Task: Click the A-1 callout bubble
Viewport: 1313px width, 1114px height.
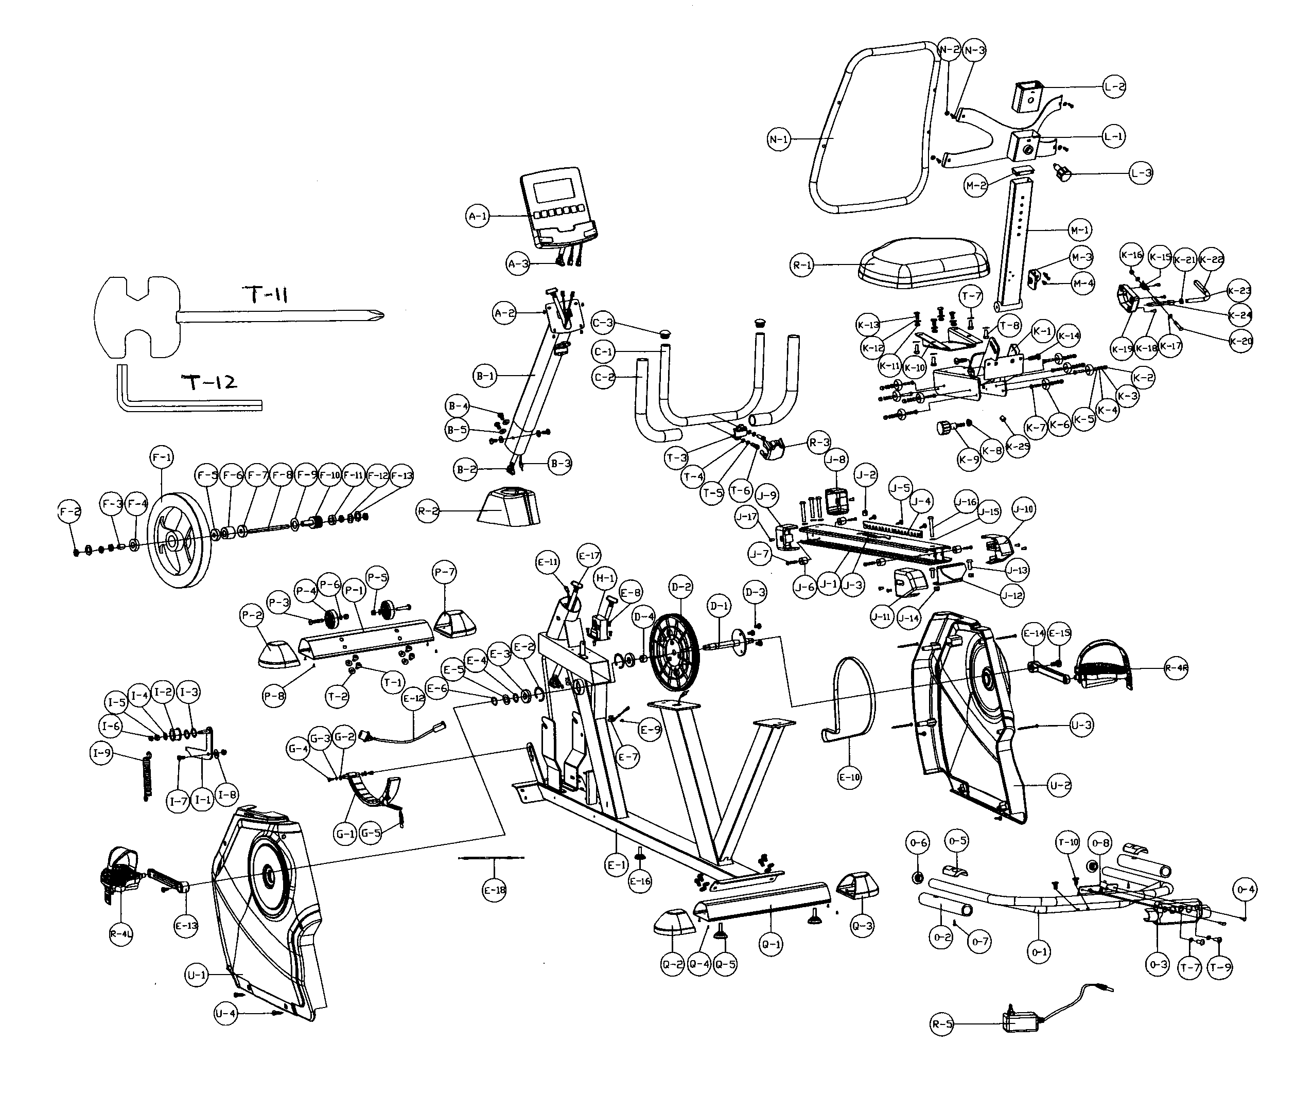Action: [478, 217]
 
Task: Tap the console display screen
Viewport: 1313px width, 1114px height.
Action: [554, 190]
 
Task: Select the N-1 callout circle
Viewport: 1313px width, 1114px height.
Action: [779, 139]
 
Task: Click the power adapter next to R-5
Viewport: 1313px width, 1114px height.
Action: [1021, 1022]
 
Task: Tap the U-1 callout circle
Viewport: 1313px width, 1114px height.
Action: [197, 975]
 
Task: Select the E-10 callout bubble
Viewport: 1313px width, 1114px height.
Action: [849, 777]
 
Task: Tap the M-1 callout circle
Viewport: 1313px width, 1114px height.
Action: [1079, 230]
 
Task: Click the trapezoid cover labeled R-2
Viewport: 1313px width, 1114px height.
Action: [509, 506]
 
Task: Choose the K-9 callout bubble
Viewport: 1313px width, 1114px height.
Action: [969, 459]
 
